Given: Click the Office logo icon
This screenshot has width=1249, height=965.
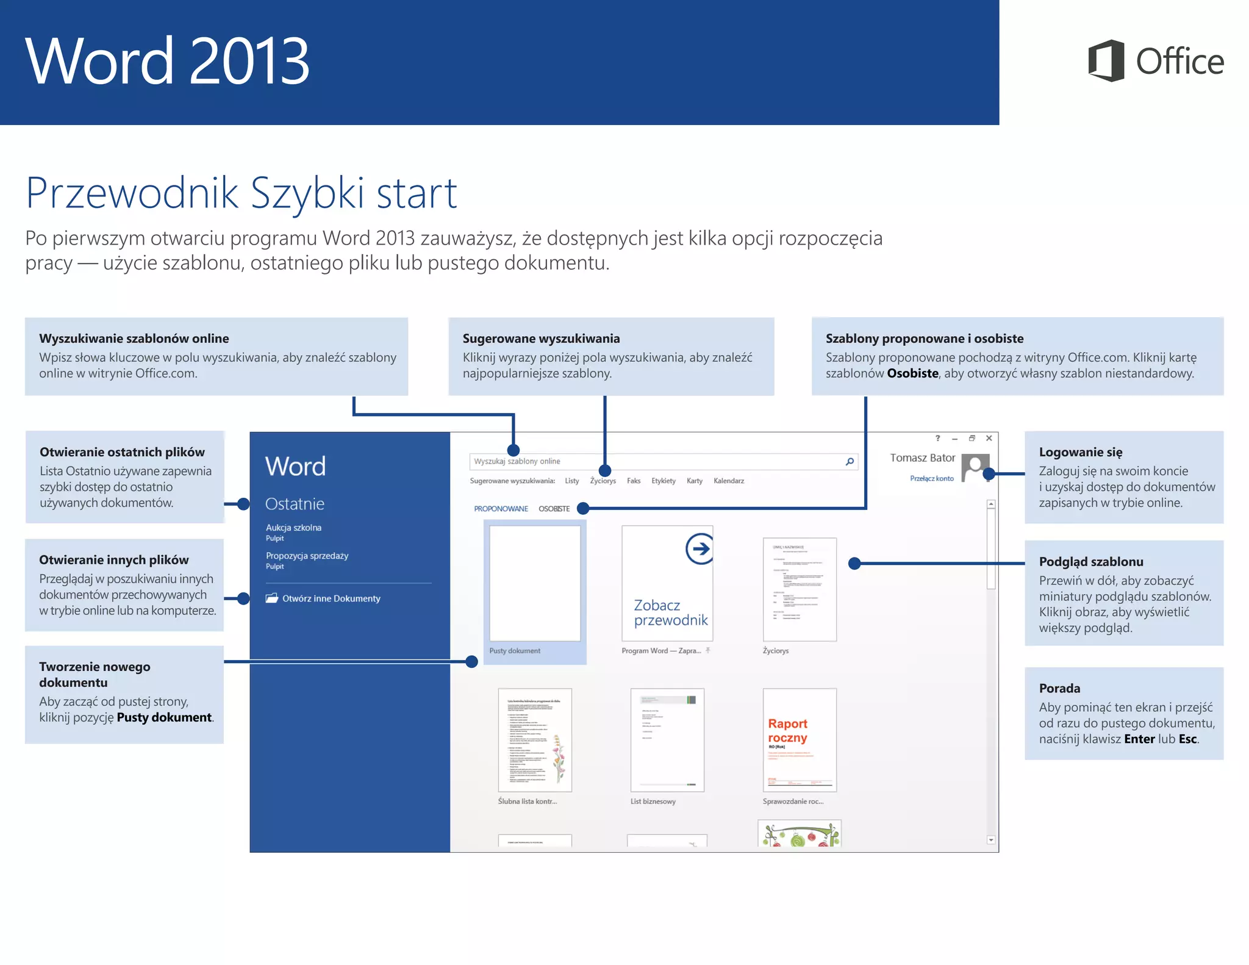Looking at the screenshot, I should [1106, 61].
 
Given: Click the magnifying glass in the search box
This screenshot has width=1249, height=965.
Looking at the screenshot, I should [850, 462].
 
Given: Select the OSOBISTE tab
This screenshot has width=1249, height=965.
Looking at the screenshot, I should [554, 509].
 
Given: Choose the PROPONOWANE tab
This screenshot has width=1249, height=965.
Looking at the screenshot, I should [501, 509].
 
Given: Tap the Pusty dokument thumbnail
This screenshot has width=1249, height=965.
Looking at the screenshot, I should [535, 584].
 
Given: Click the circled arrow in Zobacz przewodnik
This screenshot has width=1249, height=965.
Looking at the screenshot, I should [699, 548].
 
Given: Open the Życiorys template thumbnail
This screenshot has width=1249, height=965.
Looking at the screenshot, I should [800, 589].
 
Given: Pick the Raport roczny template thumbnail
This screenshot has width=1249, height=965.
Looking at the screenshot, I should [800, 739].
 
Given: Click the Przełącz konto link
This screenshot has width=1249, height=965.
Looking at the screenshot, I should [931, 479].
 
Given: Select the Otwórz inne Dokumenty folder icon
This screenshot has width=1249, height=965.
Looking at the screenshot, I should [272, 598].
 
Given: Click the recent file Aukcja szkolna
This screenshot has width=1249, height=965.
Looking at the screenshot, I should [293, 528].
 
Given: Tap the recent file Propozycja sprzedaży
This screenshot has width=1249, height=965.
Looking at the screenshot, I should [307, 556].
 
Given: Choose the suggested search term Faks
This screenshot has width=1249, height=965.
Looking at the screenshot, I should [634, 481].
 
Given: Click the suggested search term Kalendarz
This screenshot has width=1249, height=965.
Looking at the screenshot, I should [728, 481].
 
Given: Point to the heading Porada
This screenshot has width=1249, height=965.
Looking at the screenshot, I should [1059, 689].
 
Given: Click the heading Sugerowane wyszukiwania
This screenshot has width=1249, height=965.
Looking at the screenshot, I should [541, 339].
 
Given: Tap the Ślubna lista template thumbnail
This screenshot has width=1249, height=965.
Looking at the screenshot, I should [535, 739].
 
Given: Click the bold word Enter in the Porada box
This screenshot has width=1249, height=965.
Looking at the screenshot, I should [1139, 739].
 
